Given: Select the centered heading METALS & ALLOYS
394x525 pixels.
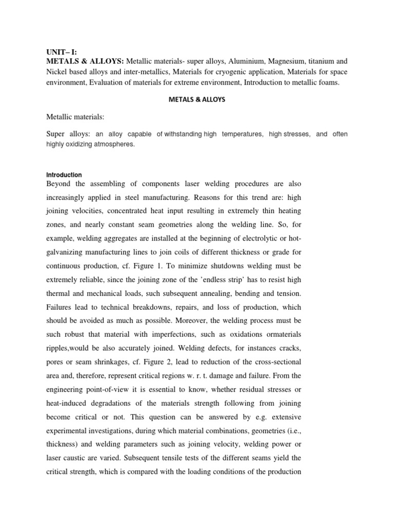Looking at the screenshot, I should tap(197, 99).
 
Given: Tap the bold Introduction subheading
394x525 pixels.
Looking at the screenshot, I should tap(64, 175).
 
